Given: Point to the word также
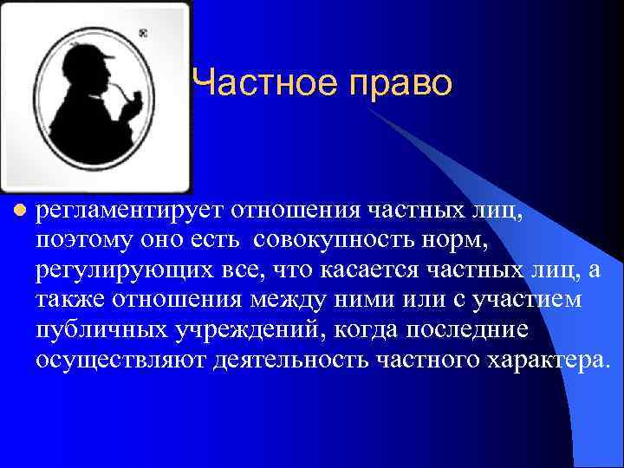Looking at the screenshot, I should [66, 301].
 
